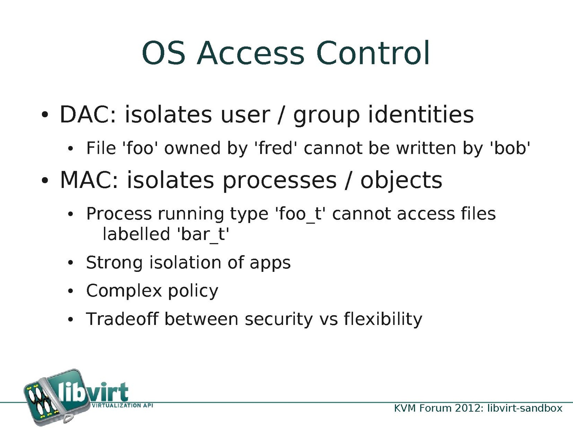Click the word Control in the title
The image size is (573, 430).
373,53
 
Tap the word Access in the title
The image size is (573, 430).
250,53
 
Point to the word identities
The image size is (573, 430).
421,114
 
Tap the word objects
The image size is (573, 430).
401,180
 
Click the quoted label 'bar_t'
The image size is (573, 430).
203,234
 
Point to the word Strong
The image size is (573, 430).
114,263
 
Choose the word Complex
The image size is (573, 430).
124,291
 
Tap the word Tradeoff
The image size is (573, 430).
122,319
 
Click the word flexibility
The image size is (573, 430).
383,319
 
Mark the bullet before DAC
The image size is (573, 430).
45,115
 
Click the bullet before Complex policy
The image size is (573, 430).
70,291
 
